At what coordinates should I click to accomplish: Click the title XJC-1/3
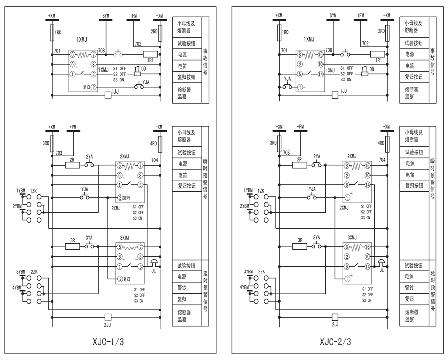108,342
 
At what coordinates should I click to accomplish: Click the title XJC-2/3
336,342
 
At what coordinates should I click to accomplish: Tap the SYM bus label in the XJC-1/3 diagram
106,16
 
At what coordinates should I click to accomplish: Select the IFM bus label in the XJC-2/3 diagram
361,16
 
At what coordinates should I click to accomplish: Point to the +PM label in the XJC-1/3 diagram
73,127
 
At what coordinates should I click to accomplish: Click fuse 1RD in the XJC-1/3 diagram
52,33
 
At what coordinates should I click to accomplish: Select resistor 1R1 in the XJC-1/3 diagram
150,54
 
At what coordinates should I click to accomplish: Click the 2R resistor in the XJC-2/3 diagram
299,165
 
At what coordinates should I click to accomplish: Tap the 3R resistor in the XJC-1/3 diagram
72,246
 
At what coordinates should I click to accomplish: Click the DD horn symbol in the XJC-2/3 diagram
365,73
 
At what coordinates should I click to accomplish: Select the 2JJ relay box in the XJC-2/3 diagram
335,316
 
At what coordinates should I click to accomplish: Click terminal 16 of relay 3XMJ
369,247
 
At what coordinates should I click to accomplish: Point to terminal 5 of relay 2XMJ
119,165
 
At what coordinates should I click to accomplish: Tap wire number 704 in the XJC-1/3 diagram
154,160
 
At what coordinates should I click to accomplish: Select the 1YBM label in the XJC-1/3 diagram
20,191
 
